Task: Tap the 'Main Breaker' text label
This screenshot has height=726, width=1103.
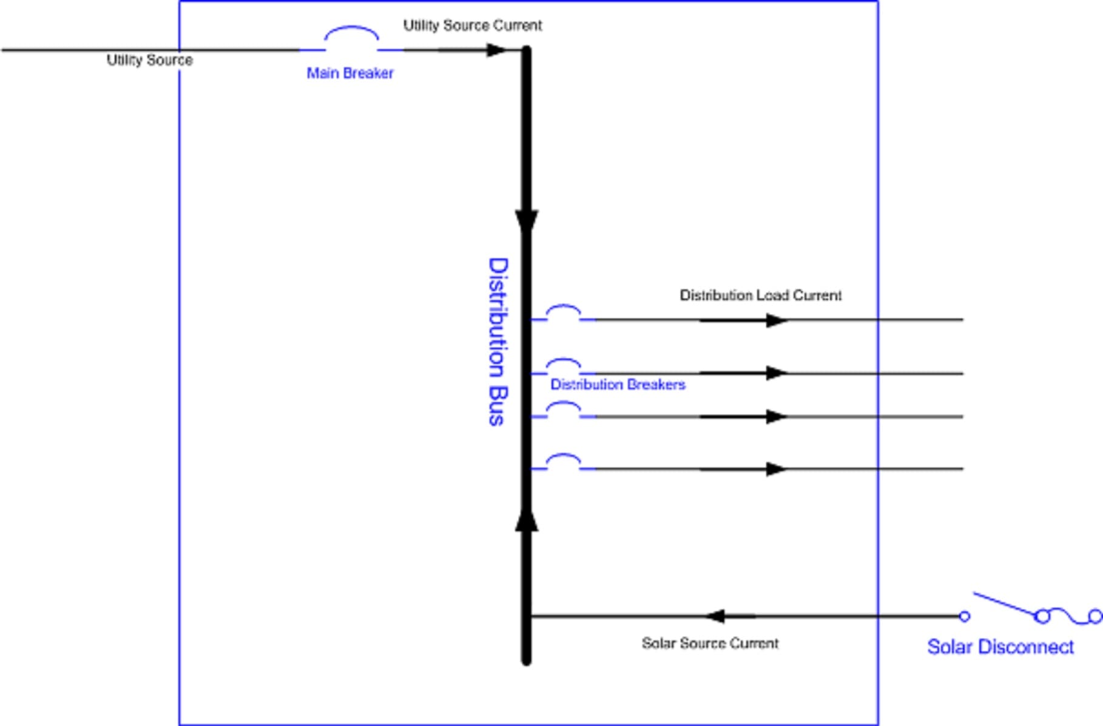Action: (350, 73)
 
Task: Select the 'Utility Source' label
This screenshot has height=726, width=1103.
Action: (149, 60)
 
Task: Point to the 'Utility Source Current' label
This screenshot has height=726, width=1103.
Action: (473, 25)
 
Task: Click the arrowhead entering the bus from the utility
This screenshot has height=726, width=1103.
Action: (496, 50)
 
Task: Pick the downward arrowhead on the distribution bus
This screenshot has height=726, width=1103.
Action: (526, 221)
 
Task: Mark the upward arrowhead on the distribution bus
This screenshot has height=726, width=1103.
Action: (526, 519)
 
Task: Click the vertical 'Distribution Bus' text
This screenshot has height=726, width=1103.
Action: (498, 341)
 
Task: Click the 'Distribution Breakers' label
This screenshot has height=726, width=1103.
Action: (618, 385)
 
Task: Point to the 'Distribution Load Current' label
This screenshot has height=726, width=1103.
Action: (760, 295)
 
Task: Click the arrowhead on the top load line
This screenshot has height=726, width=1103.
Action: (776, 320)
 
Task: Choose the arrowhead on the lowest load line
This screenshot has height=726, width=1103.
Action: (776, 469)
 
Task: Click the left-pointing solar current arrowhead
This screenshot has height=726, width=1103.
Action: (716, 616)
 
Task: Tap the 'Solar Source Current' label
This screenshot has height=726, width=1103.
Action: (710, 643)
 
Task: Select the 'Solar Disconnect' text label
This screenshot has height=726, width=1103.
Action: (1000, 647)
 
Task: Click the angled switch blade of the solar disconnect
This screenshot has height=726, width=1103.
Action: (1004, 605)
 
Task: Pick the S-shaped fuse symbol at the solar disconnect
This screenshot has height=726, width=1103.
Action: (1069, 617)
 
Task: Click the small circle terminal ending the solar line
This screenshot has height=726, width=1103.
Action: (965, 617)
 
